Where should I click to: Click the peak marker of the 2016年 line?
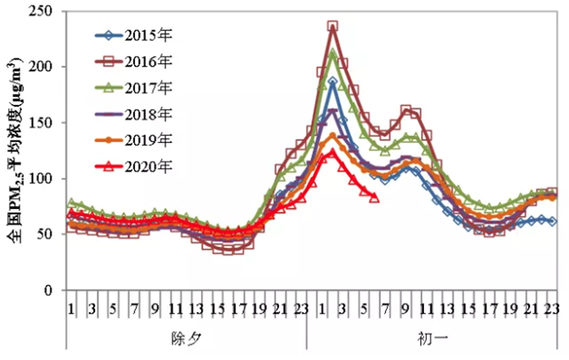(x=333, y=27)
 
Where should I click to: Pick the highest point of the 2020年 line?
(x=333, y=152)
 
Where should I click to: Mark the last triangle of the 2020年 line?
(x=374, y=197)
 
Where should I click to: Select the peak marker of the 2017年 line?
(x=333, y=53)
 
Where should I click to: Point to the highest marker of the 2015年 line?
(x=333, y=83)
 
